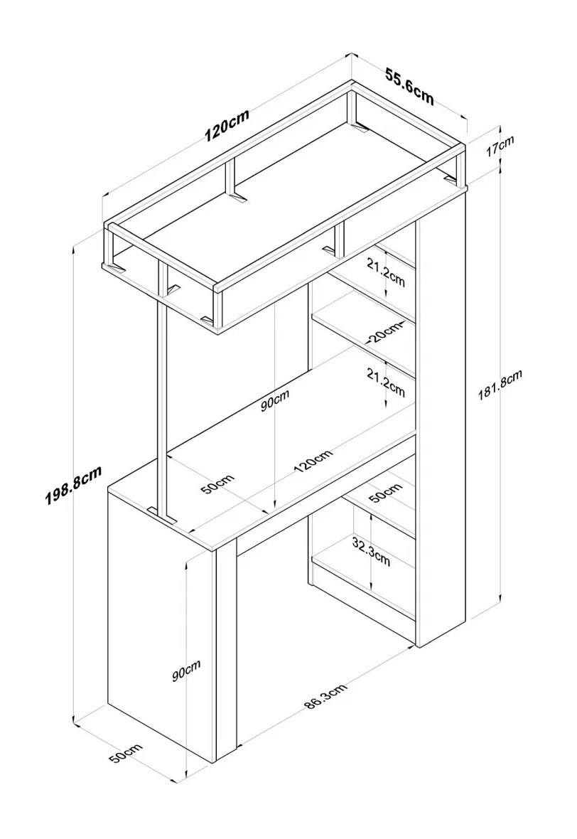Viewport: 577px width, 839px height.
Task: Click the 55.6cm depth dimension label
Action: click(409, 85)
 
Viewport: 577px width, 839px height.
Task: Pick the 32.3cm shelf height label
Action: click(372, 551)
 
